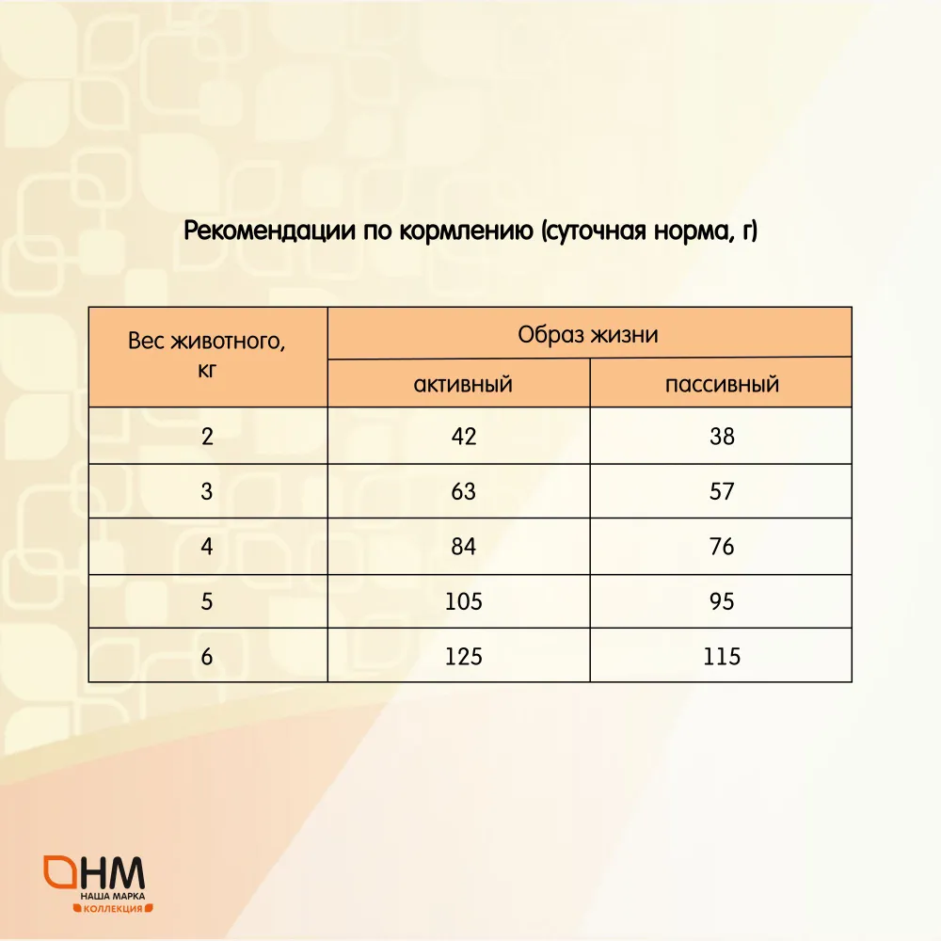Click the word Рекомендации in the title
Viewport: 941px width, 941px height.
tap(269, 231)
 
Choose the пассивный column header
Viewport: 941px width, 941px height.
tap(722, 384)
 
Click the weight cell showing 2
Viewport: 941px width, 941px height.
tap(207, 437)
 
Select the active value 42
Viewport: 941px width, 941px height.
tap(464, 437)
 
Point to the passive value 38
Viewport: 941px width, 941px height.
tap(722, 437)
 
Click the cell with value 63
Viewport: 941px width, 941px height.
tap(463, 491)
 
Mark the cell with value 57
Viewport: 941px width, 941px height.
tap(722, 491)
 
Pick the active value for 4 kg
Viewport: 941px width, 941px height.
tap(463, 547)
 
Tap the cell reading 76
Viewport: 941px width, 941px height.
tap(722, 547)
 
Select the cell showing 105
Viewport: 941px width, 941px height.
tap(463, 601)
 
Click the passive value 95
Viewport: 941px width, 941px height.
tap(722, 601)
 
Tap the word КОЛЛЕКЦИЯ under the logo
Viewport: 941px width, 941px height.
tap(113, 909)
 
